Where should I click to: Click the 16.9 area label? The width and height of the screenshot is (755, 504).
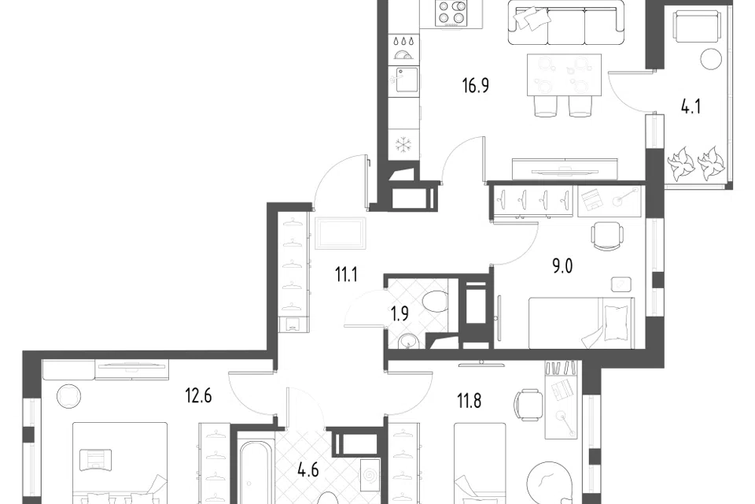[476, 86]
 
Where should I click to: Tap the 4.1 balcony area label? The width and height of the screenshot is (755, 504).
[691, 106]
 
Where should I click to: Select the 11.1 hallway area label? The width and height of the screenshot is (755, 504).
[346, 276]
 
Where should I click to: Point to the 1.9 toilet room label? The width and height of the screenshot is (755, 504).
[400, 314]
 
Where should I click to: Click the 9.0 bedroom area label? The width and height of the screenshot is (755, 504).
[562, 265]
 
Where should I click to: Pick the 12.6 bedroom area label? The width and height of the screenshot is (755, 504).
[198, 396]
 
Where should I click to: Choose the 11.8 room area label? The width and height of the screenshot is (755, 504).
[469, 400]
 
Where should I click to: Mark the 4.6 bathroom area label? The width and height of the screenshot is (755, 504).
[308, 469]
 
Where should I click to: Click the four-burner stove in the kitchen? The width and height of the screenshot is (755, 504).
[451, 13]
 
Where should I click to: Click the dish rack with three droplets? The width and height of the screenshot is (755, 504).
[403, 48]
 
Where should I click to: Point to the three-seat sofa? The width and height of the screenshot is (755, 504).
[566, 22]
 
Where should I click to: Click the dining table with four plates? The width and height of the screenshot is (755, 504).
[565, 76]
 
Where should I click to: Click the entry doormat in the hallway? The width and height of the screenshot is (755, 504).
[341, 233]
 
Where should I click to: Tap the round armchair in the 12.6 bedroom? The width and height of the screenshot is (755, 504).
[69, 396]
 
